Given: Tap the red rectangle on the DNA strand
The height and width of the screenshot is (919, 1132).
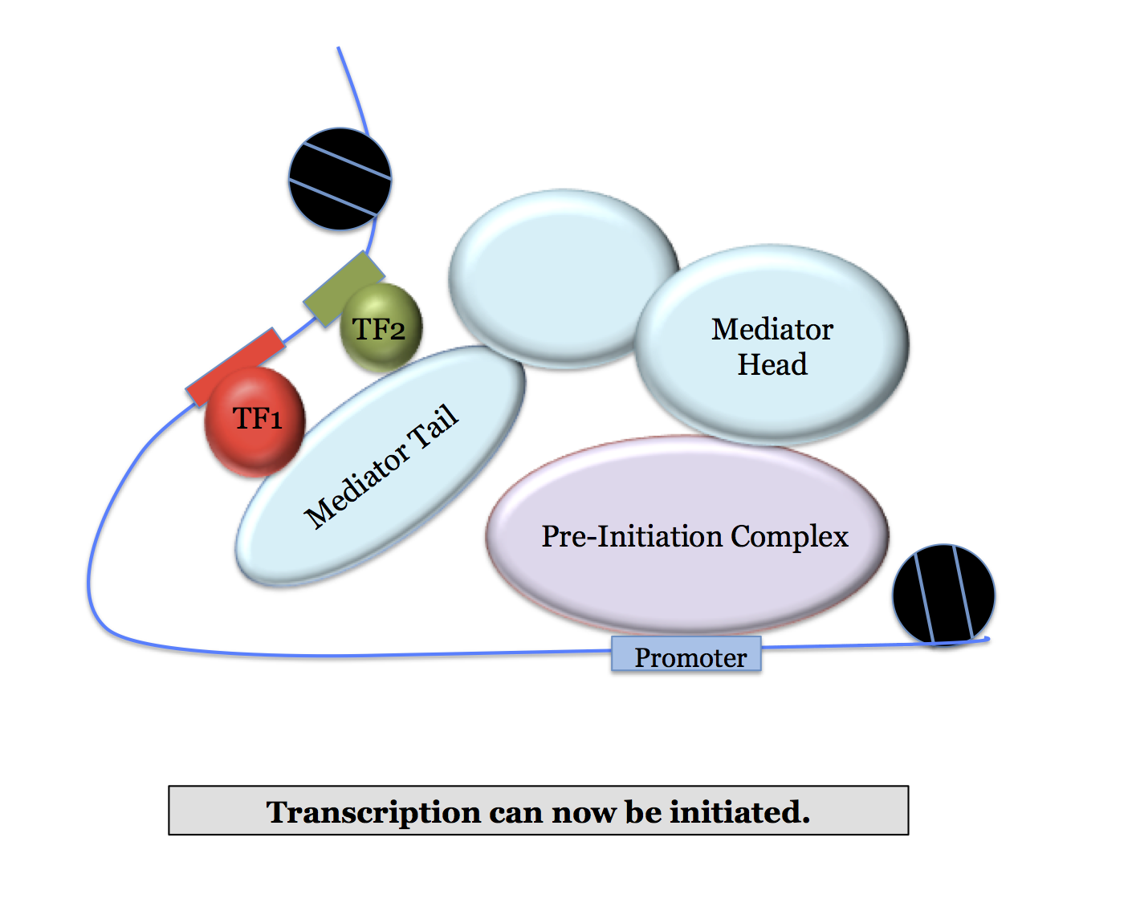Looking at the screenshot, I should [234, 366].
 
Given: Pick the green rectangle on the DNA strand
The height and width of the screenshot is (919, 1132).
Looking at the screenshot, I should [344, 287].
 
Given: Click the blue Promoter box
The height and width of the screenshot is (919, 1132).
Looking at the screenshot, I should [686, 655].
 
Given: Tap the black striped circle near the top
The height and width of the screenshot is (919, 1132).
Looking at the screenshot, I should [340, 179].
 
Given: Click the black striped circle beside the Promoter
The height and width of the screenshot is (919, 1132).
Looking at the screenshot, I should [943, 594].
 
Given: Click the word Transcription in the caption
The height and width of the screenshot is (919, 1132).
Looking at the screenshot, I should [373, 812].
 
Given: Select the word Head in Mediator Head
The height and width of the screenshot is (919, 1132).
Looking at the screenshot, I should [772, 364].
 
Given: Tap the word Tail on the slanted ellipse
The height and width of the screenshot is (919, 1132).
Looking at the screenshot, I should [434, 426].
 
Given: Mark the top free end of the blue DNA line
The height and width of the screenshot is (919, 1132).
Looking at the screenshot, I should [339, 48].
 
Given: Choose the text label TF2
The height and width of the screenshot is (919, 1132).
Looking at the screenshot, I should [379, 329].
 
